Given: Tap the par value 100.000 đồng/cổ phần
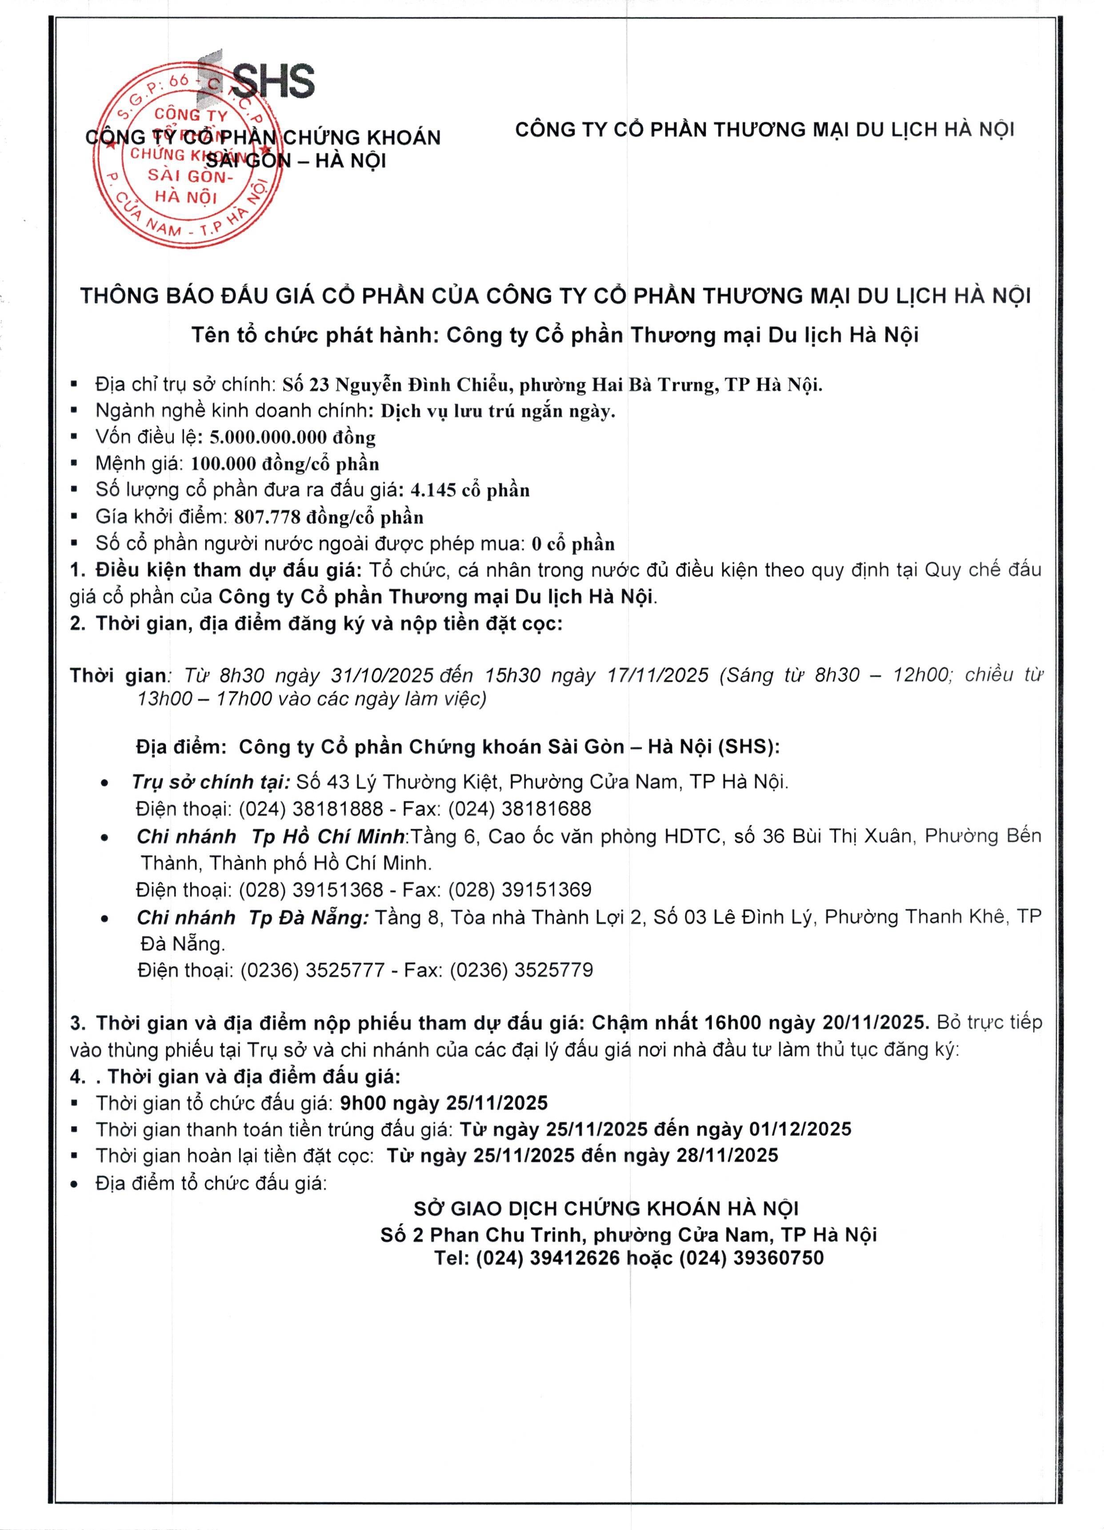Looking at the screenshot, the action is point(285,464).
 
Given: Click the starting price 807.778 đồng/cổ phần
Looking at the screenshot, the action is point(328,518).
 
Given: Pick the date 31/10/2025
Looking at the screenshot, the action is point(382,675).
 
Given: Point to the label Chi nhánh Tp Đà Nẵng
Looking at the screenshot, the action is point(253,917).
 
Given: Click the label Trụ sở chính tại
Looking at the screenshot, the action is point(210,783).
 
